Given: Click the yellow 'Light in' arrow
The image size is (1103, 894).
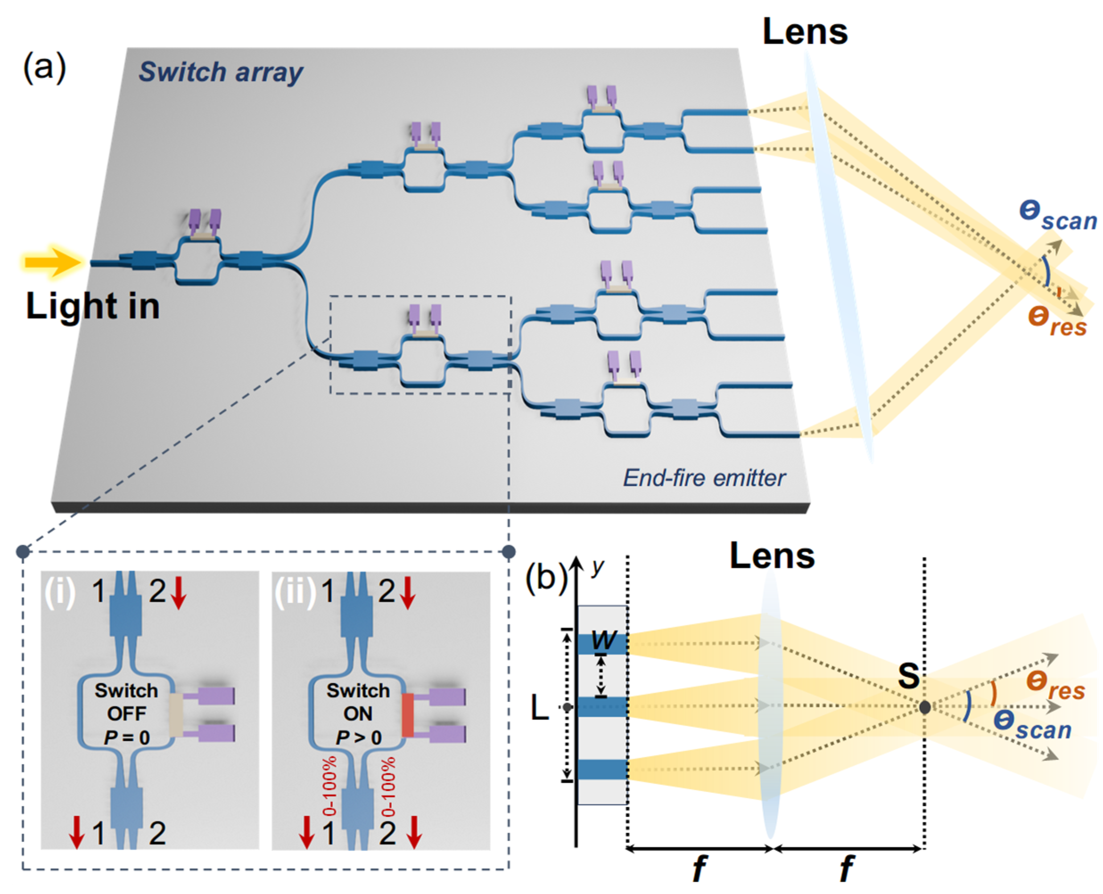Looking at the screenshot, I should point(52,262).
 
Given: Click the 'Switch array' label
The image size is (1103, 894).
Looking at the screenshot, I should point(221,72).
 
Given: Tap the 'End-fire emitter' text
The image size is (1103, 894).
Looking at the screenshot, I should point(704,478).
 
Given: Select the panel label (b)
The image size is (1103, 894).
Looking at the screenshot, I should point(545,577).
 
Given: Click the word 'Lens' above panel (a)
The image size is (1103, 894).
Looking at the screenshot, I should point(805,32).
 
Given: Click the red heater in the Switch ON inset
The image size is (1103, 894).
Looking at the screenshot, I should point(407,715).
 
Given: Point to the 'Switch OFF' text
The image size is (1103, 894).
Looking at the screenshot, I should point(126,702).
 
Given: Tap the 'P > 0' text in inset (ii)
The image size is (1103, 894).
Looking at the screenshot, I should point(358,738).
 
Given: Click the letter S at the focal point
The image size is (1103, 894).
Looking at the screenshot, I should point(908,676).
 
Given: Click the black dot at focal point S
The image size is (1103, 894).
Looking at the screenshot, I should point(925,707).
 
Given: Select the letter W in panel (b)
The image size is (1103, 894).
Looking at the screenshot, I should point(603,640).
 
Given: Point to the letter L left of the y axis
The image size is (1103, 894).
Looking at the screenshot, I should point(540,709).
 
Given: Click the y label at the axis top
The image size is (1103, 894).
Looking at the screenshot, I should point(597,566).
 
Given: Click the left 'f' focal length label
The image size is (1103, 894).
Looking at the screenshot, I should point(699,868).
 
